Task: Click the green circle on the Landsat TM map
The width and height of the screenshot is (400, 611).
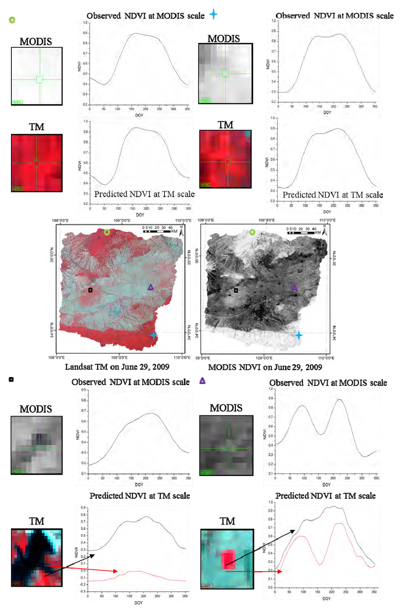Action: pos(107,232)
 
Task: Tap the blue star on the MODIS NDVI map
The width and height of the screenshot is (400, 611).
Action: pos(298,335)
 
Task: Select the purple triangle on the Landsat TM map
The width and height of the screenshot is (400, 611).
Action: pos(151,287)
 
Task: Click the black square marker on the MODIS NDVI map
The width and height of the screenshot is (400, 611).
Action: pos(236,290)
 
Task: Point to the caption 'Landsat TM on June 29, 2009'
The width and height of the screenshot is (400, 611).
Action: pos(117,367)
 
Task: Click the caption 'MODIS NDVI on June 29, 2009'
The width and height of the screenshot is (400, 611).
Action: pos(265,367)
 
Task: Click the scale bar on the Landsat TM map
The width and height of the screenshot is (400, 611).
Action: pos(158,231)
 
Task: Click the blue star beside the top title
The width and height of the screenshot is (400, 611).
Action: pos(213,14)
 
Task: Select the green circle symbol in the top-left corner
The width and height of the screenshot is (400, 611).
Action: pos(12,20)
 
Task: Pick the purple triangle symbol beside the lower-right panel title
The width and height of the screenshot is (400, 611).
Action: pos(202,381)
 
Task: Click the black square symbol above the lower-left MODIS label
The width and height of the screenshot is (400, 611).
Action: pos(11,379)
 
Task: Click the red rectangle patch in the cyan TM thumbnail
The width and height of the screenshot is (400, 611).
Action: pos(227,559)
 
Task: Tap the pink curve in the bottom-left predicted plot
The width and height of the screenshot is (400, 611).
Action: pos(137,571)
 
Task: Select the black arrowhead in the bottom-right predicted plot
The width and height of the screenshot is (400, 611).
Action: pos(293,531)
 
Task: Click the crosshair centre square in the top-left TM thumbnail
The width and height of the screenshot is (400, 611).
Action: pos(36,163)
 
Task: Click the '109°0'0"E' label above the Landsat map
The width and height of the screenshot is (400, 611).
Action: pos(122,220)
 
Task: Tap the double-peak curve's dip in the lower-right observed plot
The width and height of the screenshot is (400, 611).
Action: pos(320,434)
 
